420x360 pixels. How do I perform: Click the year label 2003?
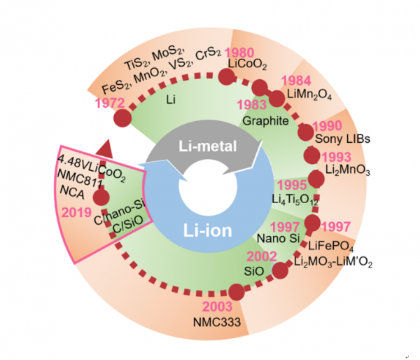(x=218, y=306)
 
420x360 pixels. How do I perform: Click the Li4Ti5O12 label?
(x=295, y=200)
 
